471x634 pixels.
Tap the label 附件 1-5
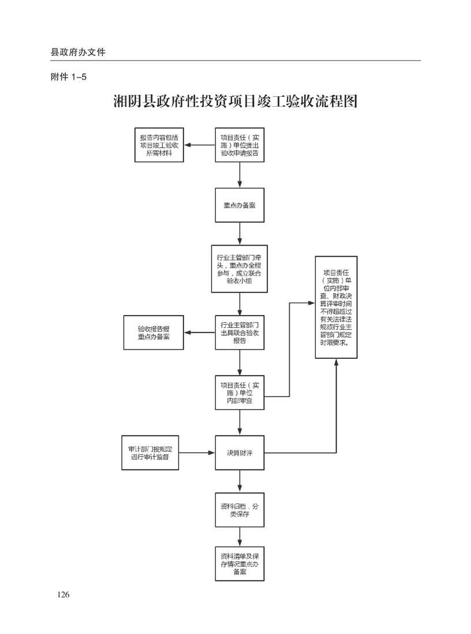(x=69, y=77)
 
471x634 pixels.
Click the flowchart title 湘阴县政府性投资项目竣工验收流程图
(x=235, y=102)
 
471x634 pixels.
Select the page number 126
(x=63, y=595)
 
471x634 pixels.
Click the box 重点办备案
(x=240, y=205)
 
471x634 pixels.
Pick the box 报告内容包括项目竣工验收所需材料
(x=159, y=146)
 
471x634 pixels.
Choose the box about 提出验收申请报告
(x=240, y=146)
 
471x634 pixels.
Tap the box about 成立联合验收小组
(x=240, y=269)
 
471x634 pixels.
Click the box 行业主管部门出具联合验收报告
(x=240, y=332)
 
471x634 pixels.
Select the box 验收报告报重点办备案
(x=154, y=332)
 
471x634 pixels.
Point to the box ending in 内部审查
(x=240, y=392)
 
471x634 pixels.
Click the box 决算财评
(x=240, y=453)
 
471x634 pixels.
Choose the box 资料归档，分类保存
(x=240, y=510)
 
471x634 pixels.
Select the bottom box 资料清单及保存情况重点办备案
(x=240, y=564)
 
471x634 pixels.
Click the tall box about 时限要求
(x=336, y=307)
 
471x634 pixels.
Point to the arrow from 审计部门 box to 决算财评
(x=197, y=453)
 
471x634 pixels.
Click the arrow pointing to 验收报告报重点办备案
(x=199, y=332)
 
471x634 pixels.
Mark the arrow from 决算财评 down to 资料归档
(x=240, y=482)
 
